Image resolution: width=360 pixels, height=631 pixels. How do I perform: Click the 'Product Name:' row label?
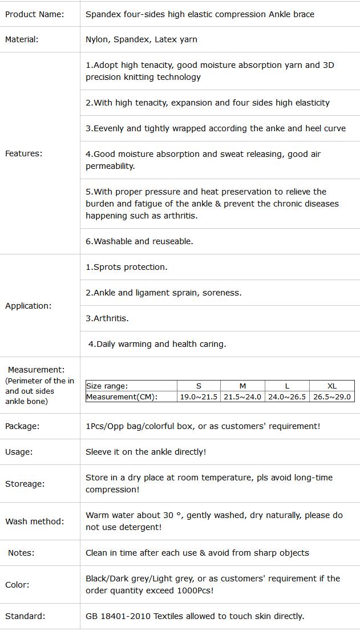pos(34,14)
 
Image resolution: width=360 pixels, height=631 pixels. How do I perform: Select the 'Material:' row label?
pos(22,39)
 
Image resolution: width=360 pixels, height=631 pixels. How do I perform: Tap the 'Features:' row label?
pos(23,153)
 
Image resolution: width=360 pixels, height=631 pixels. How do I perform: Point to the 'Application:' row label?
pos(28,306)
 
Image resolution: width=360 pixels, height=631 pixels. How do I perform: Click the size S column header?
pos(199,386)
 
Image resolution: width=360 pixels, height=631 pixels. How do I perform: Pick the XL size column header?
pos(332,386)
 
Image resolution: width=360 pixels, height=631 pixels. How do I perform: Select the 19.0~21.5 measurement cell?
pos(199,397)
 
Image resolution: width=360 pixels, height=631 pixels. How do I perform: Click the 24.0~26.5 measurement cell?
pos(287,397)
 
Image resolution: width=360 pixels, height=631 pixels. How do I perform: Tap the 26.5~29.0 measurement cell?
pos(332,397)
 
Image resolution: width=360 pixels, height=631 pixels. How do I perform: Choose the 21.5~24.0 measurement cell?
pos(242,397)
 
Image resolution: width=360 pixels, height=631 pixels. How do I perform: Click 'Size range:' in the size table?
pos(107,386)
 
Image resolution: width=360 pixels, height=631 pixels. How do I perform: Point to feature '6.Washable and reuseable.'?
pos(139,241)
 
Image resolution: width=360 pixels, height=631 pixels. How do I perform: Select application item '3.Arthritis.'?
pos(107,318)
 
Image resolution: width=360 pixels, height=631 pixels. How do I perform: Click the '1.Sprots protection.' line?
pos(127,267)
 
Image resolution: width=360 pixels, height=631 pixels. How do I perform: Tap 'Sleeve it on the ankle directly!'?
pos(145,452)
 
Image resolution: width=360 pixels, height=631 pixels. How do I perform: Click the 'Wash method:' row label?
pos(34,521)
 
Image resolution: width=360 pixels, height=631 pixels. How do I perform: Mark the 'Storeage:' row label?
pos(25,484)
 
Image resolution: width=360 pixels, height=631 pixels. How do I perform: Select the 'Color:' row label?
pos(17,585)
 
